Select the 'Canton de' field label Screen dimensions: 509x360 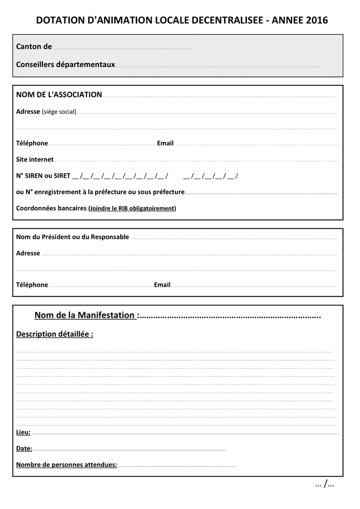tap(34, 46)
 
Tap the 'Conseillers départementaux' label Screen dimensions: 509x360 tap(65, 64)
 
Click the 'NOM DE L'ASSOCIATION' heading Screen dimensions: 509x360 tap(59, 94)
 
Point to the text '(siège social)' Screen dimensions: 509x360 tap(59, 112)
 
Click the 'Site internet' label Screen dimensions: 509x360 tap(35, 159)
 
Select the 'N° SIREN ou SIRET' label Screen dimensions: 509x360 tap(43, 176)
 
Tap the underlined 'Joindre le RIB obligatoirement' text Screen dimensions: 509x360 tap(132, 208)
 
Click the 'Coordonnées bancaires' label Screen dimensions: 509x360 tap(51, 208)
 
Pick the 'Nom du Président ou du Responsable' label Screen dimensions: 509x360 tap(72, 237)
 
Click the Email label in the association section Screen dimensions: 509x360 tap(165, 143)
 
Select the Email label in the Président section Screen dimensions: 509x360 tap(162, 284)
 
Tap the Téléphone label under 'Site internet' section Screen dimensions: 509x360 tap(32, 143)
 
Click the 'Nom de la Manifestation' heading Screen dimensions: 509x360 tap(84, 315)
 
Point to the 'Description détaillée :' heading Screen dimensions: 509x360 tap(54, 334)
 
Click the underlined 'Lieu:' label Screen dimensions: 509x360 tap(23, 433)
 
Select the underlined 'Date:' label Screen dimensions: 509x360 tap(24, 448)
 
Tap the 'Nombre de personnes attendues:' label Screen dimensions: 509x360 tap(66, 465)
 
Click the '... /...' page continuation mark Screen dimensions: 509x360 tap(324, 484)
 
